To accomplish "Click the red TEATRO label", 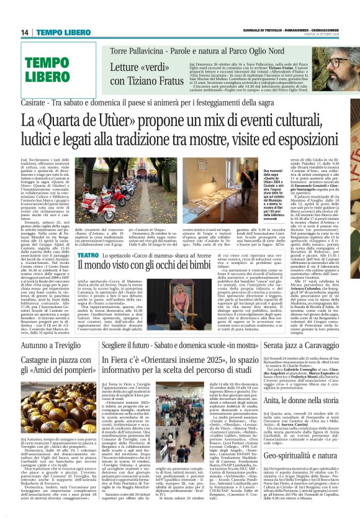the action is click(86, 239).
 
